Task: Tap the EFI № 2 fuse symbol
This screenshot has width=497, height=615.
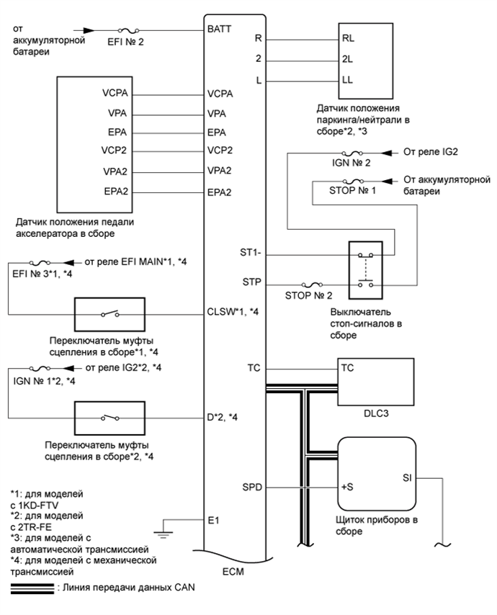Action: tap(130, 31)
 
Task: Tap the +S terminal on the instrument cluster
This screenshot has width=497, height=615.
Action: tap(346, 487)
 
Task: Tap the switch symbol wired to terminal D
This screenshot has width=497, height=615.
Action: tap(110, 417)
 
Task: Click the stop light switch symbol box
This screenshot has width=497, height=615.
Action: tap(359, 268)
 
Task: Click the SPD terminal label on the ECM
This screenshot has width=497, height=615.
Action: tap(253, 488)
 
